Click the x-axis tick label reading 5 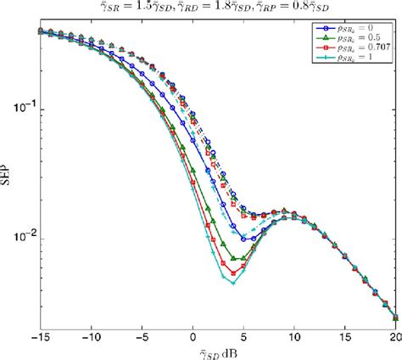[x=244, y=338]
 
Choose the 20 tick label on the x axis [x=393, y=338]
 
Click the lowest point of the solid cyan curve [x=233, y=284]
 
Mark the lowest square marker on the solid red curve [x=233, y=273]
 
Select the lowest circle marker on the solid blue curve [x=243, y=239]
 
